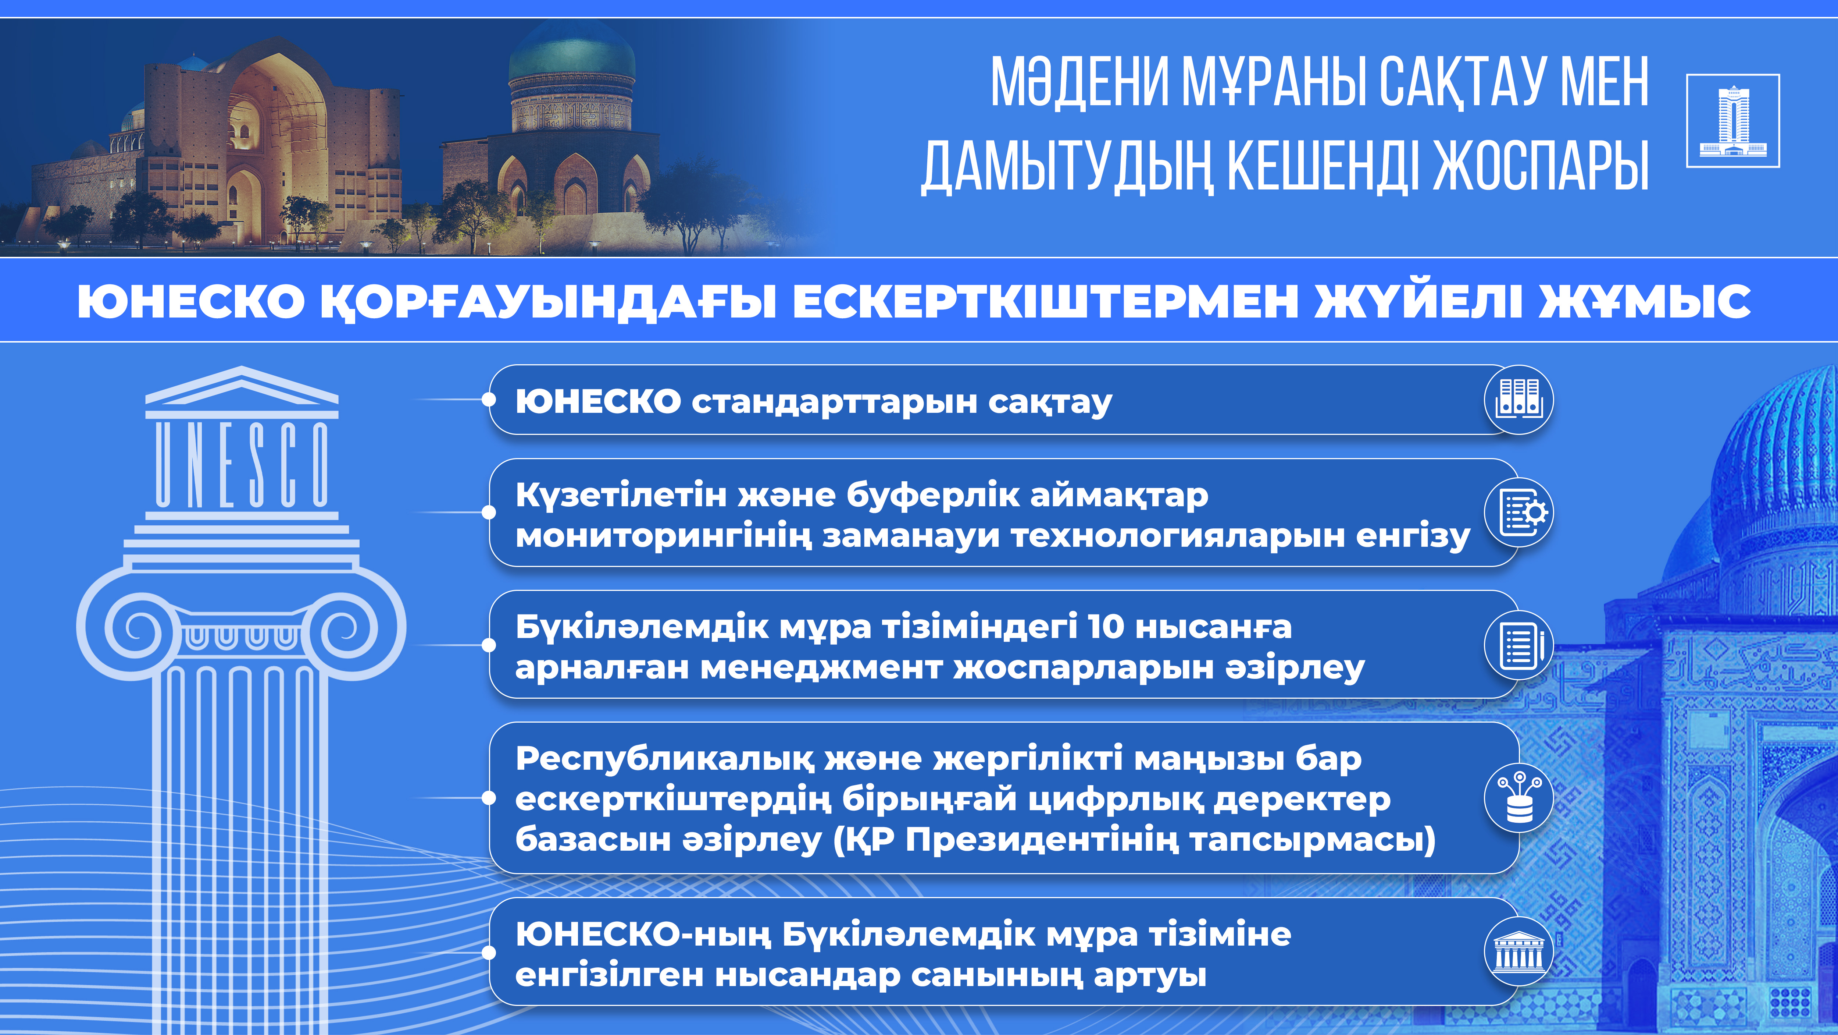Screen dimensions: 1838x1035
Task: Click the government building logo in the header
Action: (1732, 121)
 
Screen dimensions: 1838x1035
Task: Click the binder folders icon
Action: (1518, 400)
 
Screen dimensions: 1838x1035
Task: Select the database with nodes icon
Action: (1518, 798)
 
